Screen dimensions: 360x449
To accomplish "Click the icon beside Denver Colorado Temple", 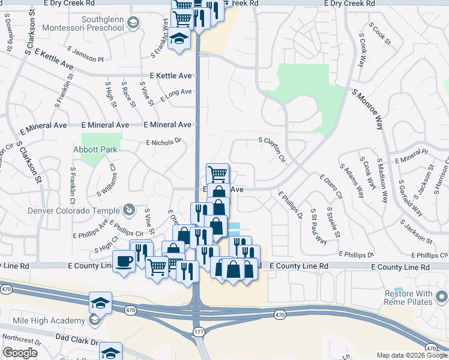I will [x=128, y=210].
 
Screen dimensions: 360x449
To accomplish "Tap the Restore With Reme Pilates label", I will [x=408, y=298].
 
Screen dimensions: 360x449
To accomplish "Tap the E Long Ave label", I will [x=175, y=94].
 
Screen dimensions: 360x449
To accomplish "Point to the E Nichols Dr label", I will [x=163, y=143].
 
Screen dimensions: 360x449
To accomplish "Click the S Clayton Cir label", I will [x=272, y=151].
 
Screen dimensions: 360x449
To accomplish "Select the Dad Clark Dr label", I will [x=77, y=341].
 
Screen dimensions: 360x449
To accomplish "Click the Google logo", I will [x=20, y=353].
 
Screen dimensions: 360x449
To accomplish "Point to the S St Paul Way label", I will [x=318, y=227].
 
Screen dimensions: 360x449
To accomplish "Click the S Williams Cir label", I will [x=106, y=181].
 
